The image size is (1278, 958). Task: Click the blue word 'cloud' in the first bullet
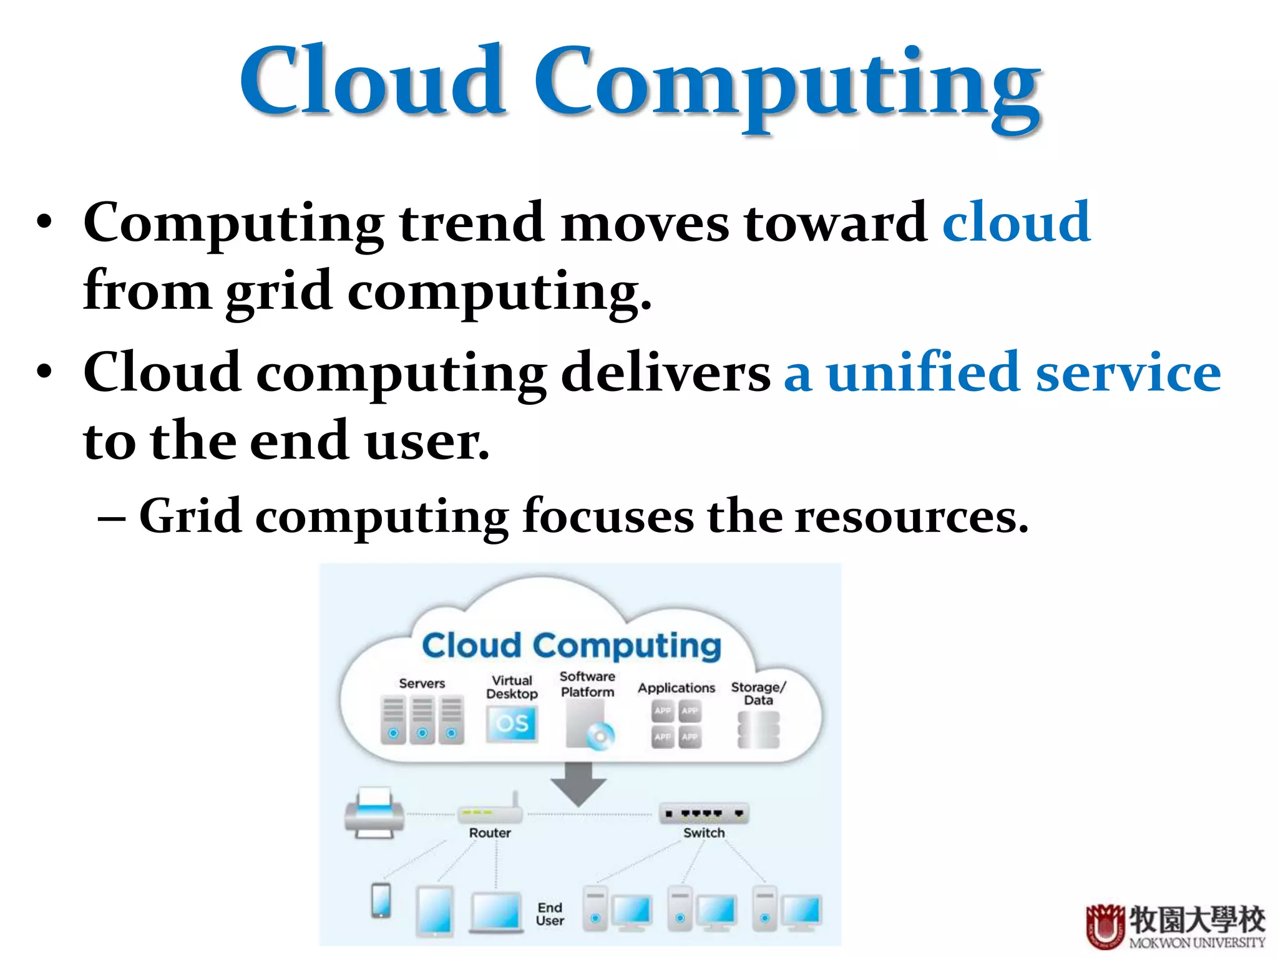1016,223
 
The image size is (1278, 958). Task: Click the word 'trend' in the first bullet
472,223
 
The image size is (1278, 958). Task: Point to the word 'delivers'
666,373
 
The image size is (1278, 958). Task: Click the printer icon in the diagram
374,813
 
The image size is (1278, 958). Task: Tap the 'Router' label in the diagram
490,833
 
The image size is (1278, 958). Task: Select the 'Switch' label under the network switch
704,833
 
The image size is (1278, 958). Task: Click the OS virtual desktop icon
512,723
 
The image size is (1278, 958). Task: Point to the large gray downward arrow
578,783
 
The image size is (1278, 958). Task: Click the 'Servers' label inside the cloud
422,684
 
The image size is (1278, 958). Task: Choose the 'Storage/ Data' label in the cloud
758,694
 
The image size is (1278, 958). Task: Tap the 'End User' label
550,914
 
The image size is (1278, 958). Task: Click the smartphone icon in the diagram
381,901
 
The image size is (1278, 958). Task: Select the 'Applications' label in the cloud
676,688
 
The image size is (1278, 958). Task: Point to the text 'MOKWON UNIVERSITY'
1197,943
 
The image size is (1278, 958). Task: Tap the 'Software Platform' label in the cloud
587,684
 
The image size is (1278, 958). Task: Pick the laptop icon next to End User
496,912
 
